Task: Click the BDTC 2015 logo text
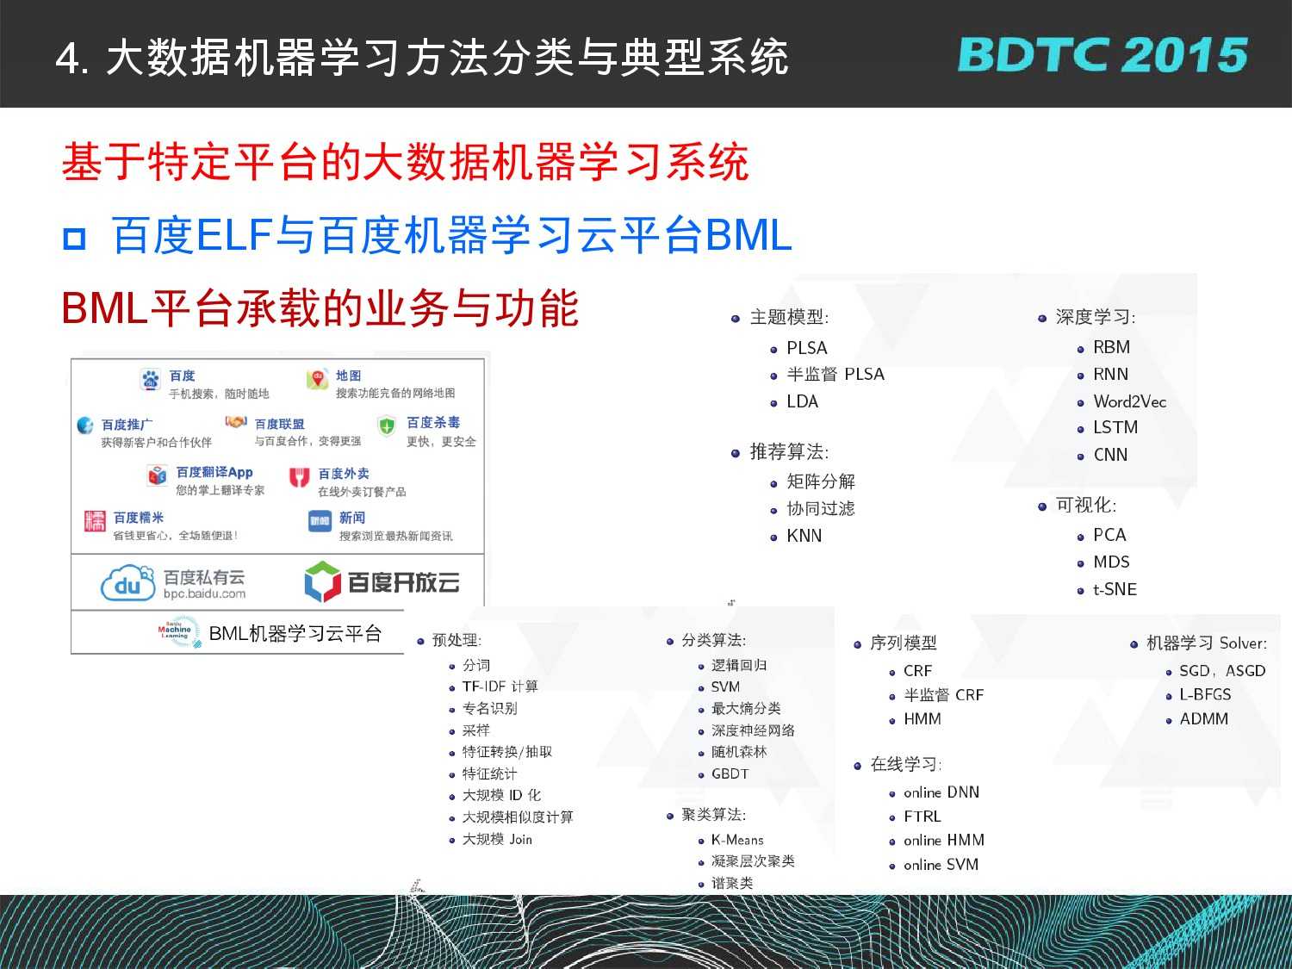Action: click(1103, 55)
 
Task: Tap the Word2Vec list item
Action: click(1129, 401)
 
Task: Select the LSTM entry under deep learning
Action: click(1115, 427)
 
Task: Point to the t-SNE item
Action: click(1115, 589)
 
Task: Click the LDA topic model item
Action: click(802, 402)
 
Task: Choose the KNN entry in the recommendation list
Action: click(804, 536)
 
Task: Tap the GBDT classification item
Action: click(730, 773)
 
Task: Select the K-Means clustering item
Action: click(737, 840)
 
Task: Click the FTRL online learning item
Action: click(922, 816)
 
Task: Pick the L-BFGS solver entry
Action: click(1205, 694)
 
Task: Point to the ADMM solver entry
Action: click(1203, 718)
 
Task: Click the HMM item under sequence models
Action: click(922, 718)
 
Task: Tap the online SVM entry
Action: click(941, 864)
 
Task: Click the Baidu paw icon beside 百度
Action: click(151, 380)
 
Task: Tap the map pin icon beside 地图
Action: click(317, 379)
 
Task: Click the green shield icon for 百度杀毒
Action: click(387, 425)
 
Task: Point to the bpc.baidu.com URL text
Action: click(204, 593)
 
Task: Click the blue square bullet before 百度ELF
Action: click(75, 239)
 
